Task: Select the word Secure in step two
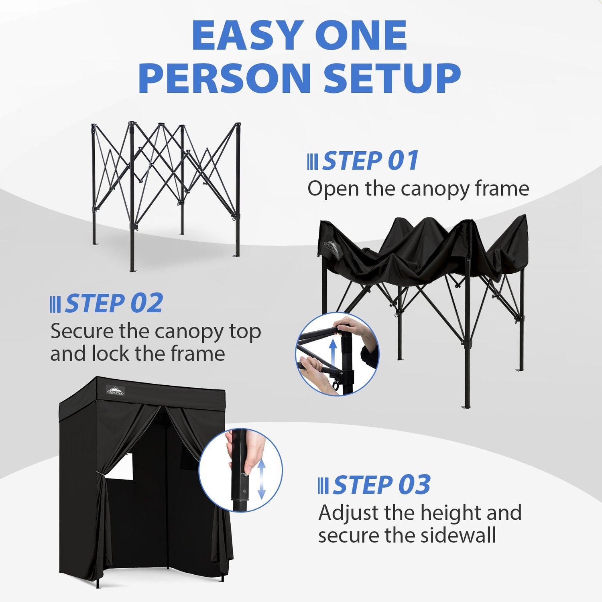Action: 81,332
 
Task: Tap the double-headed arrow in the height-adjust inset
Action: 262,480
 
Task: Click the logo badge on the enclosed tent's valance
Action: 116,390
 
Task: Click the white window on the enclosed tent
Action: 122,467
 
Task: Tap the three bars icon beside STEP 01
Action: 312,161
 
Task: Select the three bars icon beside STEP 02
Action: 55,304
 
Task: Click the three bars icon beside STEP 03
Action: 323,486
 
